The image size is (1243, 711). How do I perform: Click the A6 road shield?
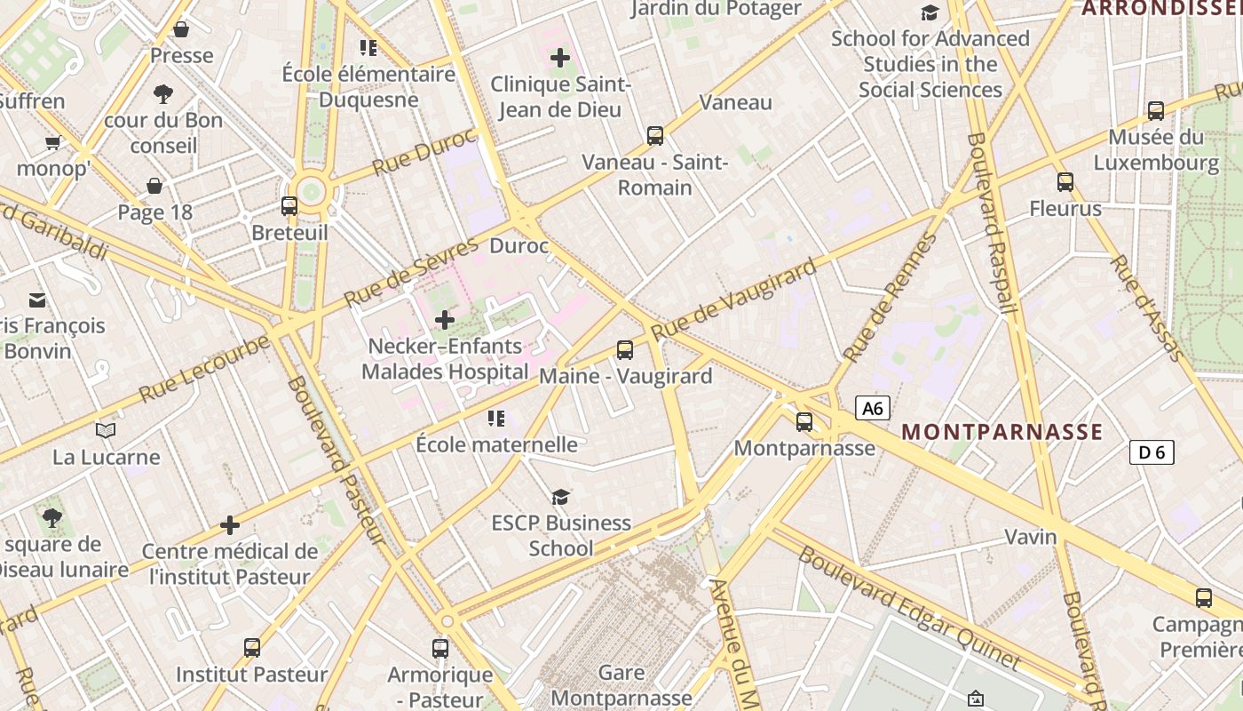(873, 408)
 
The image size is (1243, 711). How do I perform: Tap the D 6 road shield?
(1152, 452)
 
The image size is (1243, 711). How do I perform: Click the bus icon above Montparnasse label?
(804, 422)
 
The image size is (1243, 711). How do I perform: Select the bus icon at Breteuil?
(289, 206)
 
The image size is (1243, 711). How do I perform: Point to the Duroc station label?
(519, 246)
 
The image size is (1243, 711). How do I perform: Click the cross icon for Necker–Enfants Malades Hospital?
(445, 319)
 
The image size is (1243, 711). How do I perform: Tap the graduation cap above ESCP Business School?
(560, 497)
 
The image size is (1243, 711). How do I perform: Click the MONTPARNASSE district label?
(1002, 433)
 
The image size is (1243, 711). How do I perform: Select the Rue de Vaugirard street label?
(733, 300)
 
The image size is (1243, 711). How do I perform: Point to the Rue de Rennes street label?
(890, 298)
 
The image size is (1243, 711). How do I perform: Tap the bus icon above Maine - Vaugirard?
(625, 350)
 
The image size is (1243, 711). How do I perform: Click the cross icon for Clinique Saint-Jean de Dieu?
(560, 59)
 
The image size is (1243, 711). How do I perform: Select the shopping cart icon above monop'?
(53, 142)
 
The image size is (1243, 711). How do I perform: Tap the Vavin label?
(1031, 537)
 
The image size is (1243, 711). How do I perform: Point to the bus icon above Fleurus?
(1065, 182)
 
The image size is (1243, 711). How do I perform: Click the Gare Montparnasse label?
(621, 684)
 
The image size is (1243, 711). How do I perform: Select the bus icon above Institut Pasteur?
(252, 648)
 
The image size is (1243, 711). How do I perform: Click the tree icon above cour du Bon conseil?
(163, 93)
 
